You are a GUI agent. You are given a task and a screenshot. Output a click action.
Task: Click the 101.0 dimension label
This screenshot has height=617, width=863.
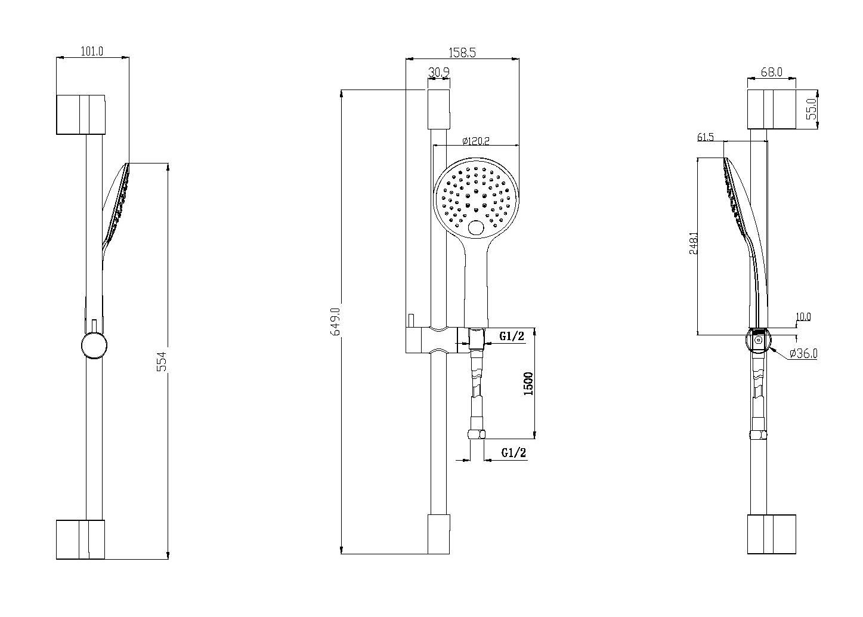92,51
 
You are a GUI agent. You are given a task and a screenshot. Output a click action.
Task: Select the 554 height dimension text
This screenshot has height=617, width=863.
163,361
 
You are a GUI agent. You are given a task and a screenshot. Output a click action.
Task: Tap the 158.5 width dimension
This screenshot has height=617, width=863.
462,53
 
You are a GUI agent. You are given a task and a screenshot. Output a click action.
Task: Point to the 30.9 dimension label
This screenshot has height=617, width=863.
439,72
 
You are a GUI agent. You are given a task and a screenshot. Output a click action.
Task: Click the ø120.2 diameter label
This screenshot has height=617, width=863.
476,141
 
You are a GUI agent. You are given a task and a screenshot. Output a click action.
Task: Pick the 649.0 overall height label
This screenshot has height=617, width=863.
336,322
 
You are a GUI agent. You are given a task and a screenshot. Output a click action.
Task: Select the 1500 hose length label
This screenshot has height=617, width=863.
528,384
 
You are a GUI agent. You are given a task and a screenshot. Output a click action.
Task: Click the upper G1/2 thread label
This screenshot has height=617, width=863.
512,337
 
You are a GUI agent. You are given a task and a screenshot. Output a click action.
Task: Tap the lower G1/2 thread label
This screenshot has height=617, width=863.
514,452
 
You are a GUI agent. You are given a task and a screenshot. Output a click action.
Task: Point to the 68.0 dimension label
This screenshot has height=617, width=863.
772,72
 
